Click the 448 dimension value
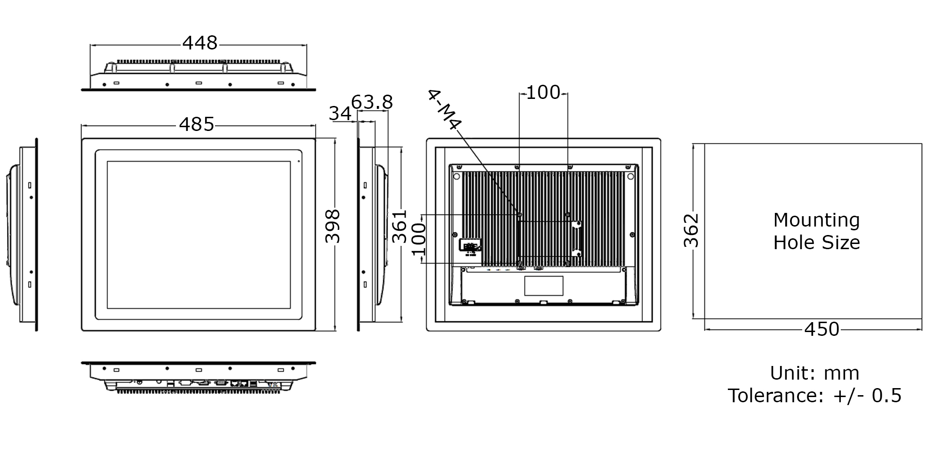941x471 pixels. pyautogui.click(x=200, y=43)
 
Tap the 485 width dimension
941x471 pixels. pyautogui.click(x=197, y=125)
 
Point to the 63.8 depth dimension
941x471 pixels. pyautogui.click(x=372, y=102)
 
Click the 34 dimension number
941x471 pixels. pyautogui.click(x=340, y=114)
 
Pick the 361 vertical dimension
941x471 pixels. pyautogui.click(x=400, y=226)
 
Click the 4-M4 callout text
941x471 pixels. pyautogui.click(x=444, y=110)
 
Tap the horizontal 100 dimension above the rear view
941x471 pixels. pyautogui.click(x=543, y=93)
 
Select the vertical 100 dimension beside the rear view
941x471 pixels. pyautogui.click(x=419, y=239)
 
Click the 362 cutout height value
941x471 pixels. pyautogui.click(x=691, y=230)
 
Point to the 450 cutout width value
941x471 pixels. pyautogui.click(x=821, y=329)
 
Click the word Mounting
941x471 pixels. pyautogui.click(x=816, y=220)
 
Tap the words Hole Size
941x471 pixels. pyautogui.click(x=816, y=243)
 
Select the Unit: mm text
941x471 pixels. pyautogui.click(x=814, y=373)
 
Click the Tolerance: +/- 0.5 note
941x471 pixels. pyautogui.click(x=814, y=396)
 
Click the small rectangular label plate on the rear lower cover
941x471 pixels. pyautogui.click(x=544, y=286)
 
